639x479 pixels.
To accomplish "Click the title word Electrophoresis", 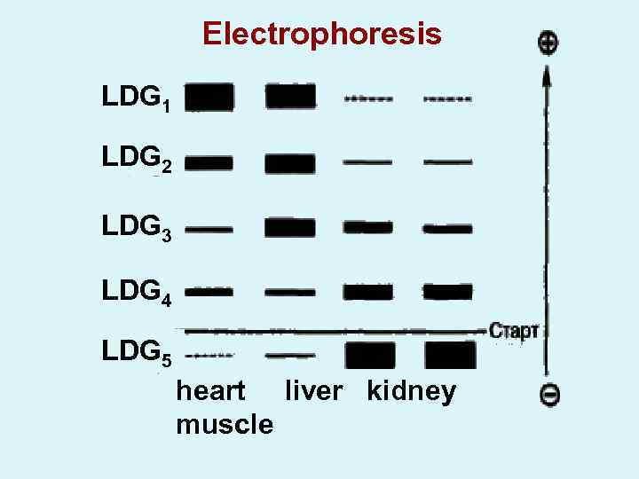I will (321, 34).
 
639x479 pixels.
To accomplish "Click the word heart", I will (210, 391).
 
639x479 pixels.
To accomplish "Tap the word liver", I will (312, 391).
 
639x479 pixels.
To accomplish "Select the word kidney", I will (411, 392).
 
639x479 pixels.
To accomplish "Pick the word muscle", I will (225, 424).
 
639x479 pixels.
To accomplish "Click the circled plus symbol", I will (548, 42).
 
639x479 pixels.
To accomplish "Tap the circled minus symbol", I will (549, 395).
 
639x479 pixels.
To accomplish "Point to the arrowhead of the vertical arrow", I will (548, 75).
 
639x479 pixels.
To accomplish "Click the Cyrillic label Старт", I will (514, 331).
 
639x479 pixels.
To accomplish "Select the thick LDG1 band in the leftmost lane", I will (209, 97).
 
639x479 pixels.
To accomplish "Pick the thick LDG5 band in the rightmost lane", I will (450, 355).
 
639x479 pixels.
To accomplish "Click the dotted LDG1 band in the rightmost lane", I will (448, 99).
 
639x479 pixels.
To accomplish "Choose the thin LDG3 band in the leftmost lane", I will (209, 229).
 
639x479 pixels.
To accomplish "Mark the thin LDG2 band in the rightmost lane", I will (448, 162).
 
